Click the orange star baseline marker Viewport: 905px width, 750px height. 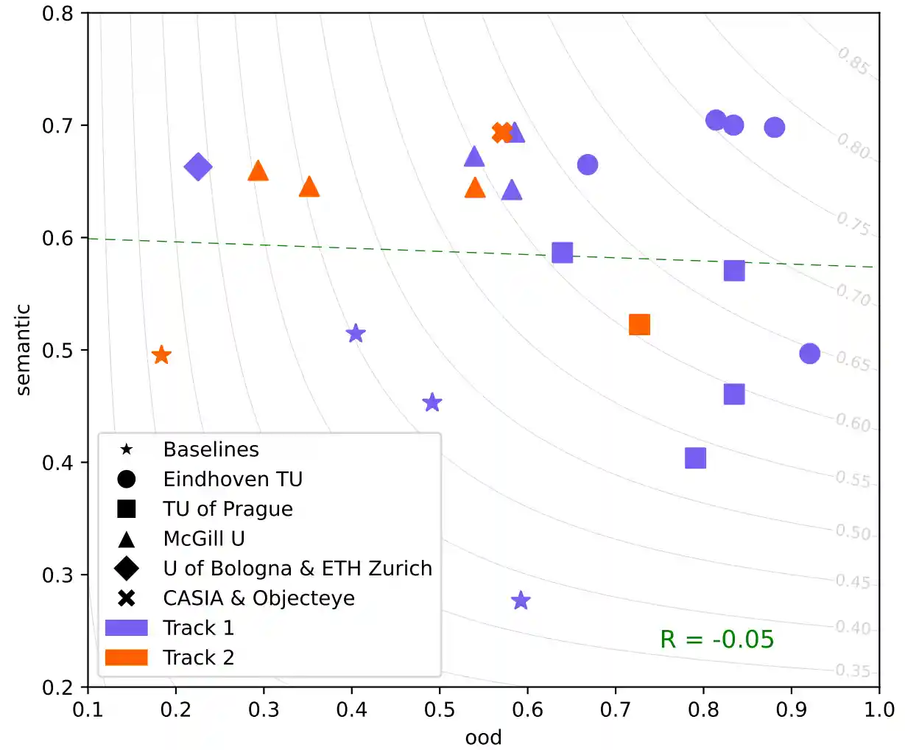pos(161,356)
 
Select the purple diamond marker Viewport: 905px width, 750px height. pos(198,167)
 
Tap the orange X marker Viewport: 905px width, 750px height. pos(501,133)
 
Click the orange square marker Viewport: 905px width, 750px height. pos(639,325)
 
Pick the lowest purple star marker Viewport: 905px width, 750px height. pos(521,600)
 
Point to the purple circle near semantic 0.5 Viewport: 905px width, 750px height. pos(809,354)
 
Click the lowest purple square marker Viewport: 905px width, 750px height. pos(695,458)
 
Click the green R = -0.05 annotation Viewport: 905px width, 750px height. pos(716,639)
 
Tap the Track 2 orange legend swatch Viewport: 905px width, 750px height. pos(127,657)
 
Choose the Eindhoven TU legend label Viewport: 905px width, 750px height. pos(233,480)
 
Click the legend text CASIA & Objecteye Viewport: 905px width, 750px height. pos(258,598)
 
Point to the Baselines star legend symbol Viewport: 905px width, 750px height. pos(127,449)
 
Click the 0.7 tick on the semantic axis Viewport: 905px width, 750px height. pos(57,125)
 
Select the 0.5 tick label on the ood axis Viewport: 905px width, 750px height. pos(440,709)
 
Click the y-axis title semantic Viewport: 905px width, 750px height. pos(24,350)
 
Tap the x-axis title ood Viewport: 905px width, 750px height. pos(483,737)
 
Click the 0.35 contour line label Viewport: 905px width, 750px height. pos(853,671)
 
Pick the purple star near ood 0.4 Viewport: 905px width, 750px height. pos(356,334)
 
